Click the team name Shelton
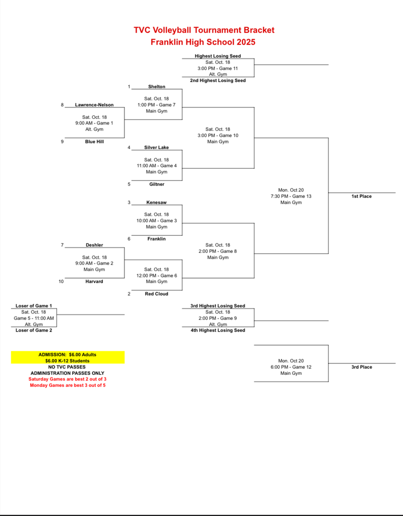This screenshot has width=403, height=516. pos(157,87)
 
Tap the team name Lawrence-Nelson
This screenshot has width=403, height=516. pos(94,105)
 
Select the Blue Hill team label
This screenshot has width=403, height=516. pos(94,142)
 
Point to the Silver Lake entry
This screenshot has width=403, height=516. pos(157,148)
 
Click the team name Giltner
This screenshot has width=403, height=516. pos(157,184)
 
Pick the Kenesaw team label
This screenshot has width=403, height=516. pos(157,203)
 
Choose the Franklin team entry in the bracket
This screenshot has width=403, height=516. pos(157,239)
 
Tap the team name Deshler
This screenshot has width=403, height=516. pos(94,245)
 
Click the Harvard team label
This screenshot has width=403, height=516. pos(94,282)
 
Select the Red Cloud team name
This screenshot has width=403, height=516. pos(157,294)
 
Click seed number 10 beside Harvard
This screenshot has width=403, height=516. pos(61,282)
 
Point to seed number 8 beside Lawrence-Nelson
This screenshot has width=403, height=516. pos(62,105)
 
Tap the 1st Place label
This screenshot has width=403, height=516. pos(362,196)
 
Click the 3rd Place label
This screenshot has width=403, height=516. pos(362,367)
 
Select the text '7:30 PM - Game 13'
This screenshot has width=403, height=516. pos(291,196)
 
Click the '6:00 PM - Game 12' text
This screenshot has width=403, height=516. pos(291,367)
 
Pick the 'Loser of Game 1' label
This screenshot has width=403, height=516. pos(34,306)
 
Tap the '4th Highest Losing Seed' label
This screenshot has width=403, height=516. pos(218,331)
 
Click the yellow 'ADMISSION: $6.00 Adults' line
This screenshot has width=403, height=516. pos(68,355)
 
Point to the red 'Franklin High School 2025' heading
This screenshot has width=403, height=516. pos(203,42)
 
